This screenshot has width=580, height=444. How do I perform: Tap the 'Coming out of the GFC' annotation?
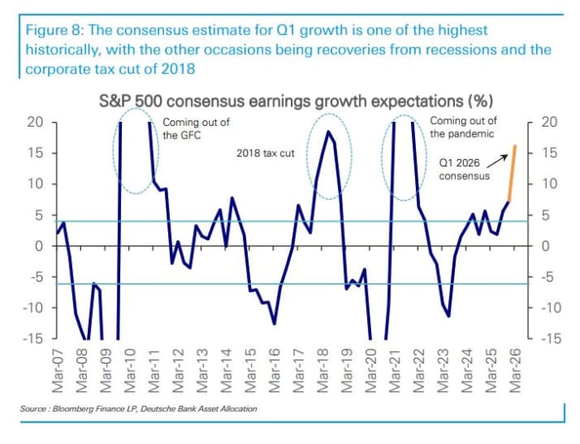196,128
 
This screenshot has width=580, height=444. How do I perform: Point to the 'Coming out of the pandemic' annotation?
463,127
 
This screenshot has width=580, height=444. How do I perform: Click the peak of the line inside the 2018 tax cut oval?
328,132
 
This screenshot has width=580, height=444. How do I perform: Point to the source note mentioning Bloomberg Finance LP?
138,409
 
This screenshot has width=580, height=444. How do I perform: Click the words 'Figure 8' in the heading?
48,31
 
